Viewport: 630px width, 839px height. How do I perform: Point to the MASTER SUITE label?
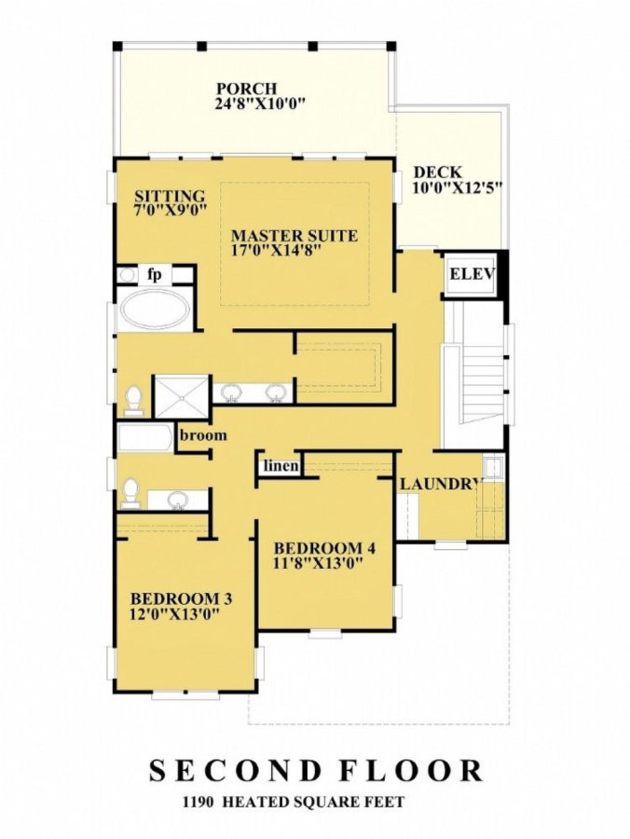tap(294, 236)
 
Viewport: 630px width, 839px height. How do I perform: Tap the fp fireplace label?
tap(157, 274)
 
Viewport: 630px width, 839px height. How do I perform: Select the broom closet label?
tap(204, 435)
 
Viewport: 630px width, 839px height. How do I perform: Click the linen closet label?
tap(280, 465)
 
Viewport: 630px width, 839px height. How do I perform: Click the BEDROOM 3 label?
tap(181, 598)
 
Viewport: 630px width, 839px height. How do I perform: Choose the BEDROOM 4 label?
tap(317, 546)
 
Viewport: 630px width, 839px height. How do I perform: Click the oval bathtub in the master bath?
tap(154, 309)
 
